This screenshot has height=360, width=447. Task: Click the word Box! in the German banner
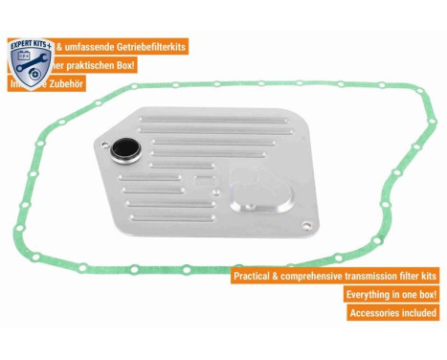[x=122, y=65]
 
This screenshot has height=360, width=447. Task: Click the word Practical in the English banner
[x=257, y=277]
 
